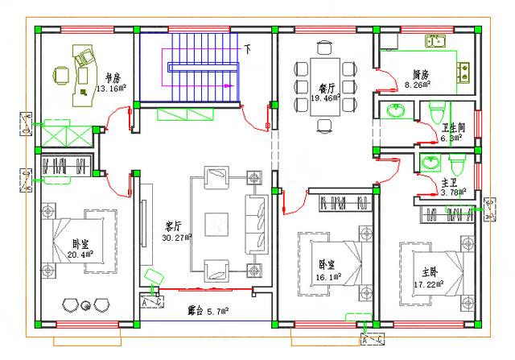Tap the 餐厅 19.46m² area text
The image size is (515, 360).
pyautogui.click(x=326, y=93)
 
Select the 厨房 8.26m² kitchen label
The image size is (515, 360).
pyautogui.click(x=418, y=78)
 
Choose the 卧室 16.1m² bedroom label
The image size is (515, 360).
pyautogui.click(x=327, y=270)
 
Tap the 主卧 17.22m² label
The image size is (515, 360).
pyautogui.click(x=427, y=279)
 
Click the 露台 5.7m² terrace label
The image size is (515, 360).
pyautogui.click(x=208, y=309)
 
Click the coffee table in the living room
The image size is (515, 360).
pyautogui.click(x=219, y=223)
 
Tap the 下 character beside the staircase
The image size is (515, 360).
pyautogui.click(x=248, y=49)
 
